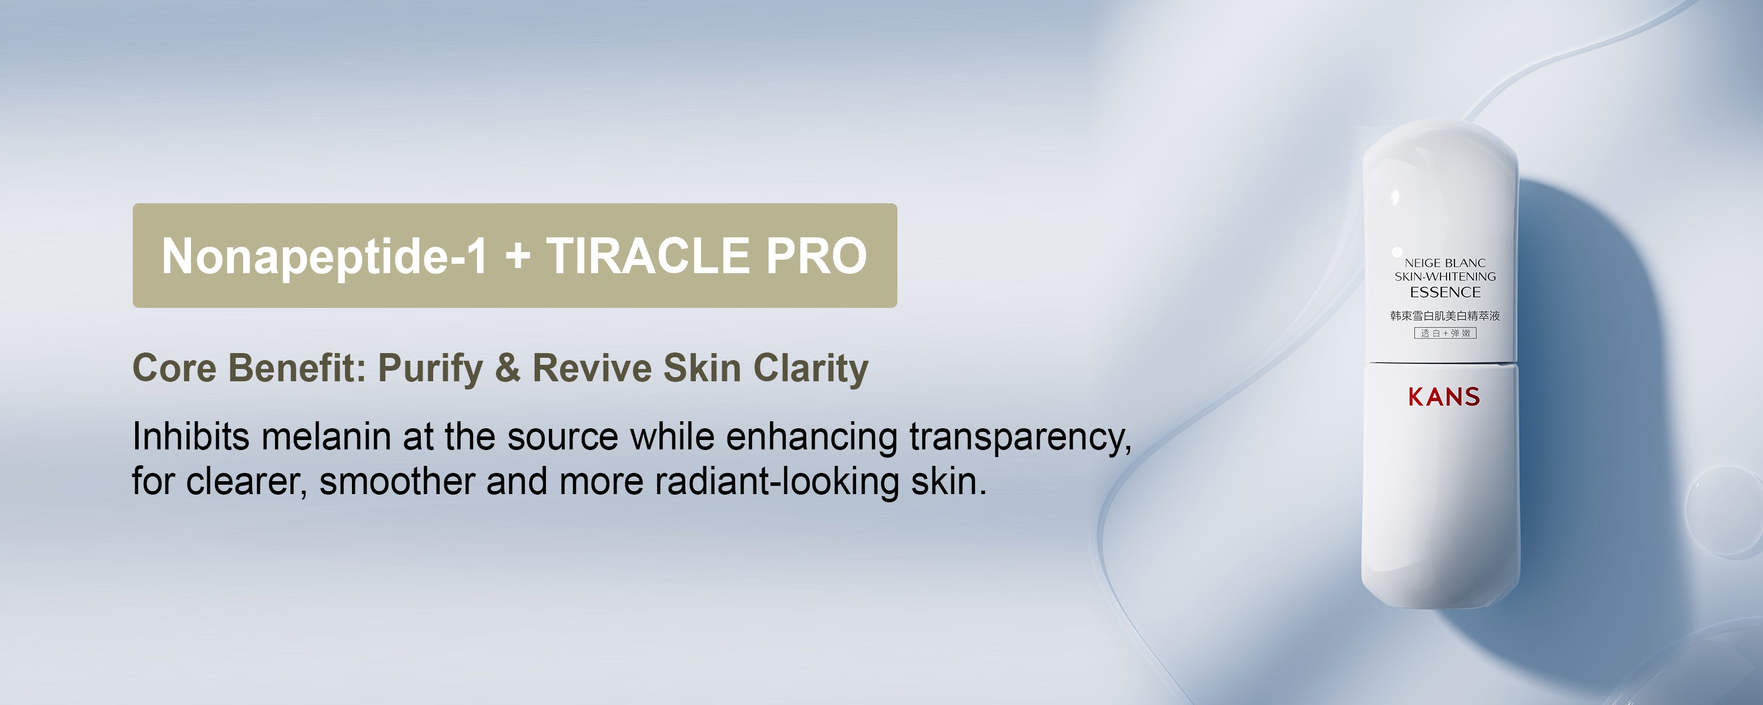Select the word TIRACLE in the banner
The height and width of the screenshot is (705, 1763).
(648, 256)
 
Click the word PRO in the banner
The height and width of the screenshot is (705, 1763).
(816, 256)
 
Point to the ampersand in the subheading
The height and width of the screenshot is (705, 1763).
(507, 368)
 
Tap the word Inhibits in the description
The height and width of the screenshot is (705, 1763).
(191, 436)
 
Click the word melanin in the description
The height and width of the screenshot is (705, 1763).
(326, 436)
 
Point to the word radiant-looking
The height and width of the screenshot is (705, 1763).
(777, 482)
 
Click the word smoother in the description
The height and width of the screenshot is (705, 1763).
(397, 481)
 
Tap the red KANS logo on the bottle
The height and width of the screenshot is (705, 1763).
(1444, 397)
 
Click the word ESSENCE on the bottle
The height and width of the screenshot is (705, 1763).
(1444, 292)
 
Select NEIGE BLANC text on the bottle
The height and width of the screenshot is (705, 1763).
(1444, 263)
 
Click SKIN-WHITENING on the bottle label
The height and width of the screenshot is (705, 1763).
(1444, 277)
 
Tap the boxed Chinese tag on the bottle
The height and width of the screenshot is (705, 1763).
(1444, 333)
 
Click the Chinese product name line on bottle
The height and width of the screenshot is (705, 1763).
(1444, 315)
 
